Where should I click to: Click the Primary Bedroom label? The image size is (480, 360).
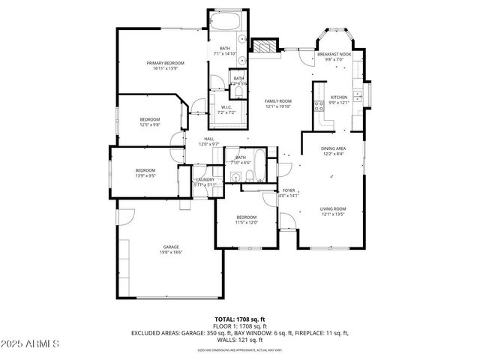[x=165, y=63]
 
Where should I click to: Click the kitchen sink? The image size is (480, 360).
[x=358, y=96]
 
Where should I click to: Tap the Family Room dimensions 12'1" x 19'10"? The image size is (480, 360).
[x=277, y=106]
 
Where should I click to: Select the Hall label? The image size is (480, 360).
[x=210, y=138]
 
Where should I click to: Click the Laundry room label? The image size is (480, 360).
[x=205, y=179]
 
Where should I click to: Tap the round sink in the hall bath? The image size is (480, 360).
[x=235, y=178]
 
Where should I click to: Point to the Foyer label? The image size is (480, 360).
[x=289, y=190]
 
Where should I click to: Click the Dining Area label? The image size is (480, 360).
[x=334, y=148]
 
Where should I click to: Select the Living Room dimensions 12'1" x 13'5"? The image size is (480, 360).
[x=332, y=214]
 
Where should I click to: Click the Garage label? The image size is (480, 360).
[x=172, y=247]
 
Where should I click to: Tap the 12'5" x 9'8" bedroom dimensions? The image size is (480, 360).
[x=150, y=125]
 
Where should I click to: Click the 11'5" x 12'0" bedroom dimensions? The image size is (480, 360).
[x=247, y=222]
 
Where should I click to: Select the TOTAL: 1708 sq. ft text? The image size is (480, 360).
[x=240, y=319]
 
